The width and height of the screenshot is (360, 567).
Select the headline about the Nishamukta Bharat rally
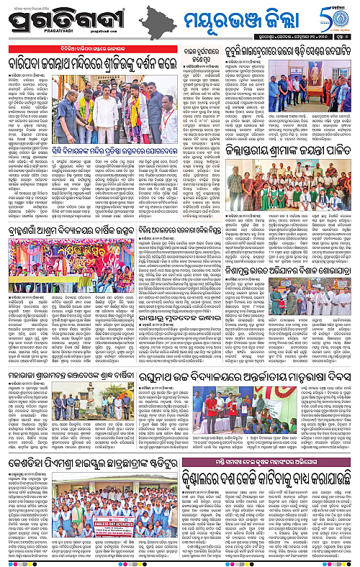[294, 241]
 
